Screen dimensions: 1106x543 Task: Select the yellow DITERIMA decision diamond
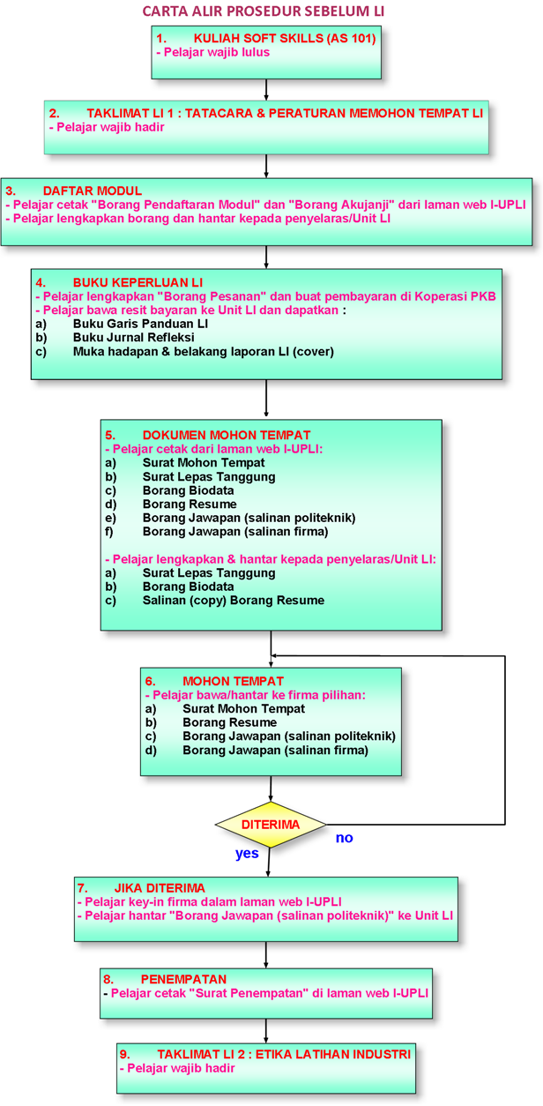[271, 825]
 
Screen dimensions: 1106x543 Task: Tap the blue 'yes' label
[247, 853]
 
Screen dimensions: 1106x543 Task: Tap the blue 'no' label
[344, 838]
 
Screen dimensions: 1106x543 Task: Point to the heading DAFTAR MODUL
[92, 191]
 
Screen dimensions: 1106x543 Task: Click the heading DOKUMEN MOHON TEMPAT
[226, 435]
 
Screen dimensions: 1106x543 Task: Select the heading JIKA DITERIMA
[160, 888]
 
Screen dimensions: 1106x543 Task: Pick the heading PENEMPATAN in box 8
[183, 979]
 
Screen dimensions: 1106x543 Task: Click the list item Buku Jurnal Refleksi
[133, 338]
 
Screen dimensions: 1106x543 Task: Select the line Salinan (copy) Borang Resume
[233, 601]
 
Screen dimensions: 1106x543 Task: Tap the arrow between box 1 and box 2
[266, 89]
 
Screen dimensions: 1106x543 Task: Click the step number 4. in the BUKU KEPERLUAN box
[41, 282]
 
